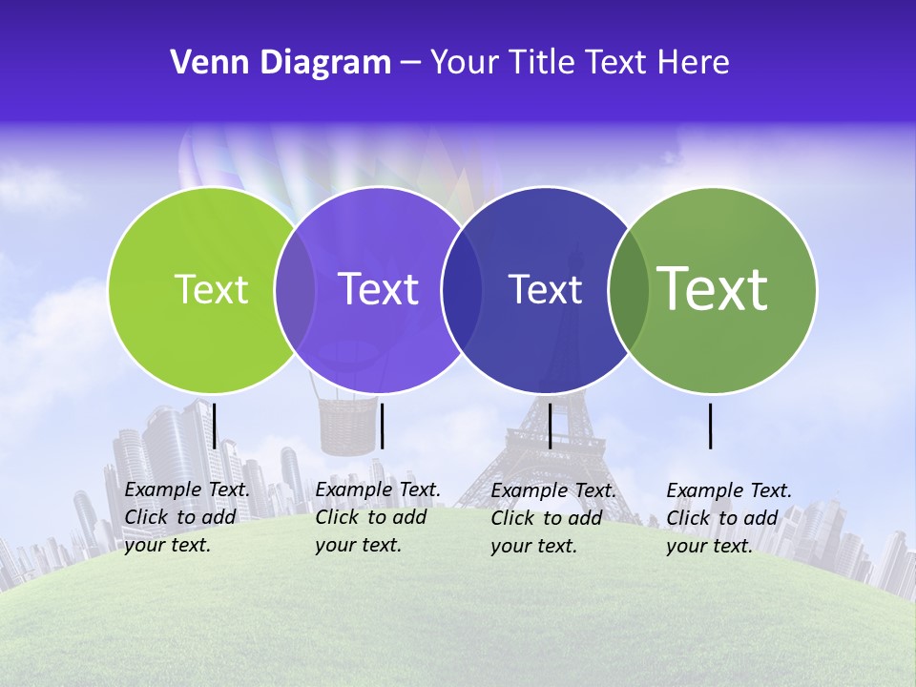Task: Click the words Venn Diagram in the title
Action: pyautogui.click(x=281, y=63)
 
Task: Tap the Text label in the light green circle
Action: pyautogui.click(x=211, y=289)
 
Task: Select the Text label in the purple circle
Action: pyautogui.click(x=378, y=289)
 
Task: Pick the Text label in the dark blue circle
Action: pyautogui.click(x=545, y=289)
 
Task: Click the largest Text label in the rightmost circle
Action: pyautogui.click(x=713, y=288)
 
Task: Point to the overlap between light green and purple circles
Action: pyautogui.click(x=295, y=289)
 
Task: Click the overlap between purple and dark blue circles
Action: pyautogui.click(x=462, y=289)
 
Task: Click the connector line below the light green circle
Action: pyautogui.click(x=215, y=426)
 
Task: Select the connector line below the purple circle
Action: pyautogui.click(x=382, y=426)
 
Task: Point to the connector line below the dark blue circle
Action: pyautogui.click(x=550, y=426)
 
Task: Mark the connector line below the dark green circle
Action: pyautogui.click(x=711, y=426)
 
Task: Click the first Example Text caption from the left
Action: pyautogui.click(x=186, y=517)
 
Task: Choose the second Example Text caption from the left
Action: pyautogui.click(x=377, y=517)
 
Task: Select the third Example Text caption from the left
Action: pyautogui.click(x=552, y=517)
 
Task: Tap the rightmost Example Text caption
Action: pyautogui.click(x=728, y=517)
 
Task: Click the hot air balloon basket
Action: pyautogui.click(x=347, y=427)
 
